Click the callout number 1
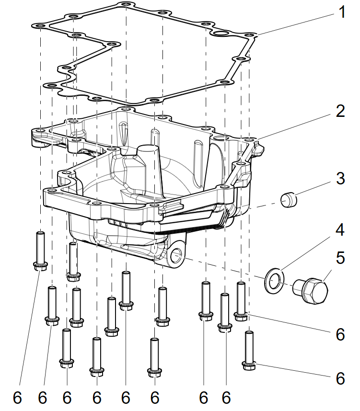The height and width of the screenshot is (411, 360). (x=341, y=12)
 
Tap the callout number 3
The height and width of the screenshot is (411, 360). (x=340, y=178)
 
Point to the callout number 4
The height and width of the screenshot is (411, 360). (x=340, y=229)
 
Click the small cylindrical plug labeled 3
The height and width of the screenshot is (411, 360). (x=289, y=199)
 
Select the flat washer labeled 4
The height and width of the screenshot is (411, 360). (x=274, y=280)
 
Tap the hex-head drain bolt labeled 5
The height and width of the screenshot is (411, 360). (x=311, y=291)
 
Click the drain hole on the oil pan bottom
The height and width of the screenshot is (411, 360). (x=176, y=256)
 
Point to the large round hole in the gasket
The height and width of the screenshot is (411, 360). (x=220, y=34)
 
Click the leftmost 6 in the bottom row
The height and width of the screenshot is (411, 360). (x=17, y=398)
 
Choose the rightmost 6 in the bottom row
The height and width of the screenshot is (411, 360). (x=226, y=398)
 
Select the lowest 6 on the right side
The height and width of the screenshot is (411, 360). (x=340, y=378)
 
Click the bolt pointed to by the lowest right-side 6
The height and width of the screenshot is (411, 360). (x=249, y=351)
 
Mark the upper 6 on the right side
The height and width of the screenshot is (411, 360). (x=340, y=334)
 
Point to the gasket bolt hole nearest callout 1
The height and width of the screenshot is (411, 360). (x=248, y=35)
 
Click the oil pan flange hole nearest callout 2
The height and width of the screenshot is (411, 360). (x=248, y=139)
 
